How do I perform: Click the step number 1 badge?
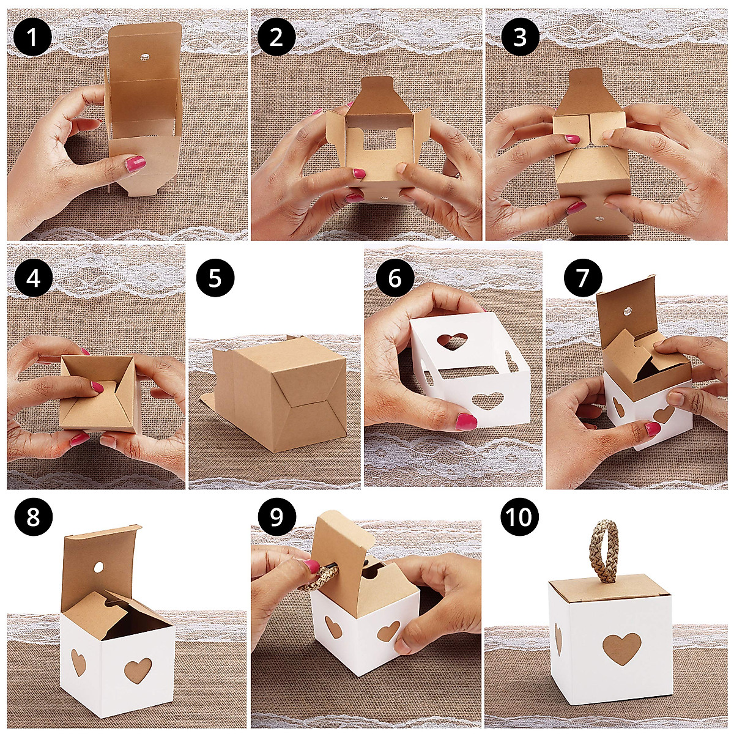tap(33, 39)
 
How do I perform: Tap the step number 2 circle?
tap(276, 39)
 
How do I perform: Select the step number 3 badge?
tap(520, 39)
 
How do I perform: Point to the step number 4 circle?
tap(33, 279)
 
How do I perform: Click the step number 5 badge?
tap(215, 279)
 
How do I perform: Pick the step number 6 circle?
tap(395, 279)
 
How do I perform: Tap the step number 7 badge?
tap(583, 279)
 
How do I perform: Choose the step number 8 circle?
tap(33, 518)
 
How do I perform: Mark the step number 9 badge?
tap(276, 518)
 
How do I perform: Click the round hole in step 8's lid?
tap(100, 568)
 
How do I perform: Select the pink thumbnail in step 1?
tap(136, 163)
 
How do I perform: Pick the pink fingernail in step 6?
tap(467, 421)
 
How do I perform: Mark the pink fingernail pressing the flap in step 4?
tap(97, 387)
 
